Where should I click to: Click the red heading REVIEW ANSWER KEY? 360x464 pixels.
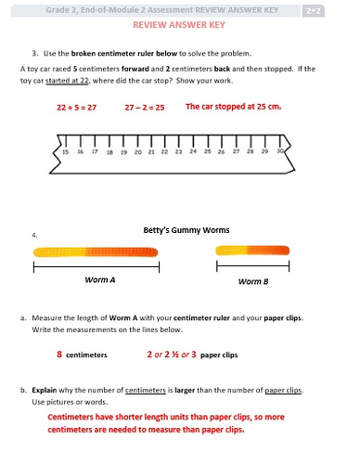pyautogui.click(x=179, y=25)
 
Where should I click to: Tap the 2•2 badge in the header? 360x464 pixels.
pyautogui.click(x=314, y=11)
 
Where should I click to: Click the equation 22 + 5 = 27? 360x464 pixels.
pyautogui.click(x=76, y=108)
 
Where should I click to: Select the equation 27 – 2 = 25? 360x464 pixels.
pyautogui.click(x=145, y=108)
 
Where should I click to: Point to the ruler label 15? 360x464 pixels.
pyautogui.click(x=66, y=152)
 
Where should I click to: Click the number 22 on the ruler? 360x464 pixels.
pyautogui.click(x=164, y=152)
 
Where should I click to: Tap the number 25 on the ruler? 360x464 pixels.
pyautogui.click(x=208, y=151)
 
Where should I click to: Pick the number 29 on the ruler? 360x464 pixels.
pyautogui.click(x=264, y=151)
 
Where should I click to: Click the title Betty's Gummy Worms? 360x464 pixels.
pyautogui.click(x=186, y=230)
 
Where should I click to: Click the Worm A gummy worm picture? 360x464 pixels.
pyautogui.click(x=96, y=251)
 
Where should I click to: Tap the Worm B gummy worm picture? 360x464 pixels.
pyautogui.click(x=252, y=251)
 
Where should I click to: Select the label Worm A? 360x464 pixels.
pyautogui.click(x=100, y=280)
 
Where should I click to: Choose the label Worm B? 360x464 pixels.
pyautogui.click(x=253, y=281)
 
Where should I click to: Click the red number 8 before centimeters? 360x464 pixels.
pyautogui.click(x=59, y=354)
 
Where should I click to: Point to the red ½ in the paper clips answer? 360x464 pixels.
pyautogui.click(x=175, y=354)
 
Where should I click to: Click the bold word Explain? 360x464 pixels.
pyautogui.click(x=45, y=390)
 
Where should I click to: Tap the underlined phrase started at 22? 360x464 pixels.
pyautogui.click(x=68, y=81)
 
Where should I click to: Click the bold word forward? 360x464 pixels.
pyautogui.click(x=135, y=69)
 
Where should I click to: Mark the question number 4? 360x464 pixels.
pyautogui.click(x=34, y=235)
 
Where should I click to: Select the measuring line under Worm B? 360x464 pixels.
pyautogui.click(x=253, y=265)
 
